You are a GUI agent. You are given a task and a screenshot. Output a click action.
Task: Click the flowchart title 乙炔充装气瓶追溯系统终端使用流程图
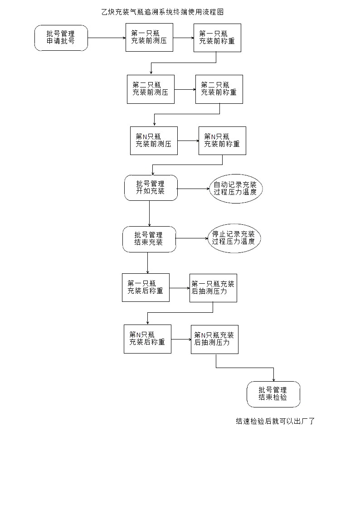[163, 12]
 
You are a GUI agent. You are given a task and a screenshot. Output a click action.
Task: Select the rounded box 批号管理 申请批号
[61, 38]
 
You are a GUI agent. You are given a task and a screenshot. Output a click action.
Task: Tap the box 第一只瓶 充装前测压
[149, 37]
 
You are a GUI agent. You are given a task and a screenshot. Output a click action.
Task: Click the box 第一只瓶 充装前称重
[217, 38]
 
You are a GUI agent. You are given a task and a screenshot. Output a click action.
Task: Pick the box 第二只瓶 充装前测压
[151, 89]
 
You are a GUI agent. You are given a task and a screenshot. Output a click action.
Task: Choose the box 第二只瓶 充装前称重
[219, 89]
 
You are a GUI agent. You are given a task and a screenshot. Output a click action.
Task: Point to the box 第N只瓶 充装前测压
[154, 141]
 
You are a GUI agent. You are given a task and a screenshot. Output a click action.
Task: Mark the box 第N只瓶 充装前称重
[222, 141]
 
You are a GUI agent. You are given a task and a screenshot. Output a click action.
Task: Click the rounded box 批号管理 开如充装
[151, 188]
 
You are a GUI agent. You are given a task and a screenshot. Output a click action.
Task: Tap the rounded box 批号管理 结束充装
[149, 239]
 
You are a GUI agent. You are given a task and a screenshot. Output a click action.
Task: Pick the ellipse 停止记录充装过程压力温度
[234, 238]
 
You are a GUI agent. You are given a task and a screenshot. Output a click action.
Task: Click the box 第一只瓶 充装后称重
[146, 288]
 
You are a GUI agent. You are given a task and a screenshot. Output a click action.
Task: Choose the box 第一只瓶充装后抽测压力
[213, 288]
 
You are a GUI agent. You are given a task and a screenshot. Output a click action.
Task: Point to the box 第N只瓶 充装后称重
[147, 339]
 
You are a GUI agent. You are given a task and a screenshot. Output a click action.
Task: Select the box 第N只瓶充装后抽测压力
[214, 339]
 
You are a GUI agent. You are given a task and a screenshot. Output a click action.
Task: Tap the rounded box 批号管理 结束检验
[273, 394]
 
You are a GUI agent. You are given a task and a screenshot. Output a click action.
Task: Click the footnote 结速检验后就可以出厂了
[275, 422]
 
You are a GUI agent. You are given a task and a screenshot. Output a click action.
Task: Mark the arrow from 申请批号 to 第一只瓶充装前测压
[107, 38]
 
